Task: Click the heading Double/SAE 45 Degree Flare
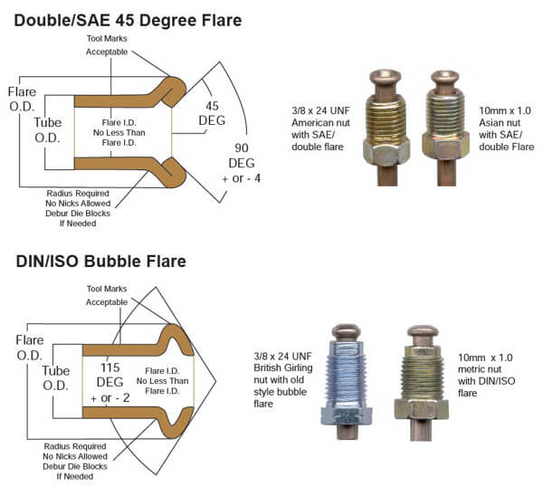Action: [x=127, y=19]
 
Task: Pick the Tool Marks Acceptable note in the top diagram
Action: [x=107, y=46]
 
